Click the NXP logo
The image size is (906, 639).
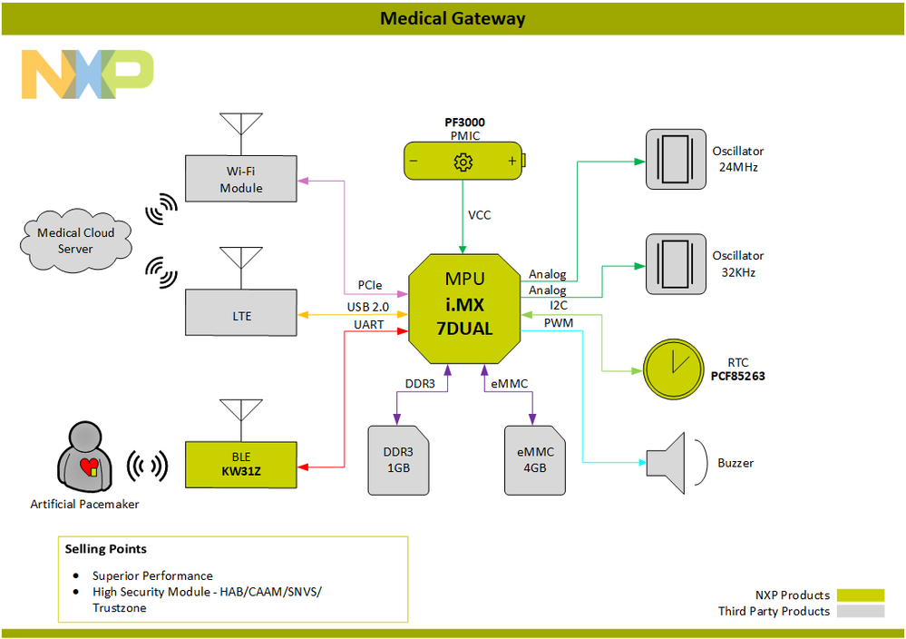point(87,74)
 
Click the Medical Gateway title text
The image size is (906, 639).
point(453,18)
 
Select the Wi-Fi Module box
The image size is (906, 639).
point(241,179)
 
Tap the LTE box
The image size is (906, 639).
point(241,315)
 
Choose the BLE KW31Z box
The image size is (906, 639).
point(241,464)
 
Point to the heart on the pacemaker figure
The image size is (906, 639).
point(89,467)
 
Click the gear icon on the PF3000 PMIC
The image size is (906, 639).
point(463,162)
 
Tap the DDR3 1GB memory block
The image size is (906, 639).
point(398,459)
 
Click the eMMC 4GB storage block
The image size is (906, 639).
point(535,459)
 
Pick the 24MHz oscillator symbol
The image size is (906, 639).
point(677,159)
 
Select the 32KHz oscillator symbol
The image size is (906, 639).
point(677,264)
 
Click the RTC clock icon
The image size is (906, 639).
point(674,369)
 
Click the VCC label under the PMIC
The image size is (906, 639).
point(481,216)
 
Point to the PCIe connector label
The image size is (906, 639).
point(370,285)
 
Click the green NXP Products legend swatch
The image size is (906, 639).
point(860,595)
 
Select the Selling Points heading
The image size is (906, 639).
point(105,549)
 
